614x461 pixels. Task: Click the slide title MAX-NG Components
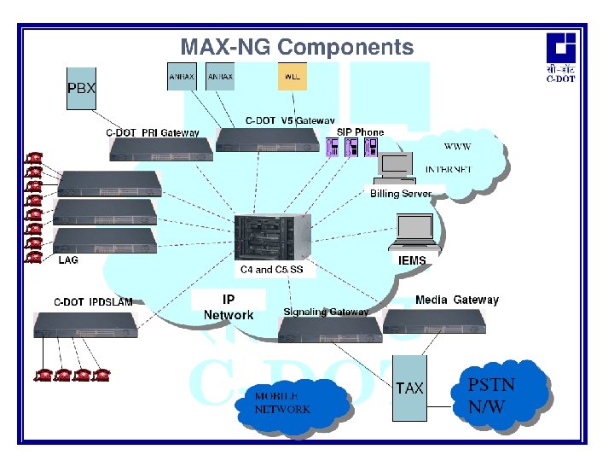[x=297, y=47]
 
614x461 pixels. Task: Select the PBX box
[x=82, y=88]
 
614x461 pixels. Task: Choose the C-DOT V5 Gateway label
[x=290, y=121]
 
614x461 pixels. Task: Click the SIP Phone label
[x=360, y=131]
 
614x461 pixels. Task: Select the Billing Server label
[x=401, y=194]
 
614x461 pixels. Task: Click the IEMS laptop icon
[x=412, y=231]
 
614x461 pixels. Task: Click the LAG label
[x=68, y=260]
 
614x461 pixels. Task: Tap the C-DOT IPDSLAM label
[x=94, y=301]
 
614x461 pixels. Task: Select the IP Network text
[x=229, y=307]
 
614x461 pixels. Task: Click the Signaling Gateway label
[x=326, y=312]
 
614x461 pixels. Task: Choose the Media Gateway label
[x=456, y=300]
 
